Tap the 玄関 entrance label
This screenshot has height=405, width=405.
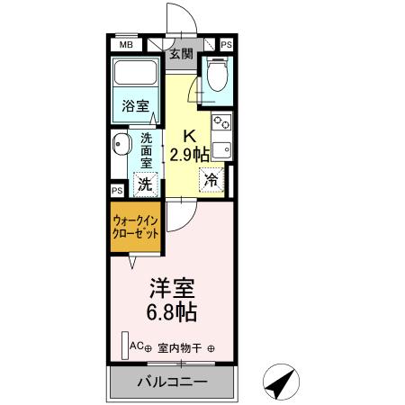coord(180,54)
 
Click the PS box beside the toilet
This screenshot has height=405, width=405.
coord(225,43)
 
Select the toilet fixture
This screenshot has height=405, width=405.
coord(215,77)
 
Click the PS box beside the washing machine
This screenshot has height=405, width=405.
coord(116,191)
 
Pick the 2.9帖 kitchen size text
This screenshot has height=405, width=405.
coord(192,154)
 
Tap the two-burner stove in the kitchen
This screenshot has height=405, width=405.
coord(221,121)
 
